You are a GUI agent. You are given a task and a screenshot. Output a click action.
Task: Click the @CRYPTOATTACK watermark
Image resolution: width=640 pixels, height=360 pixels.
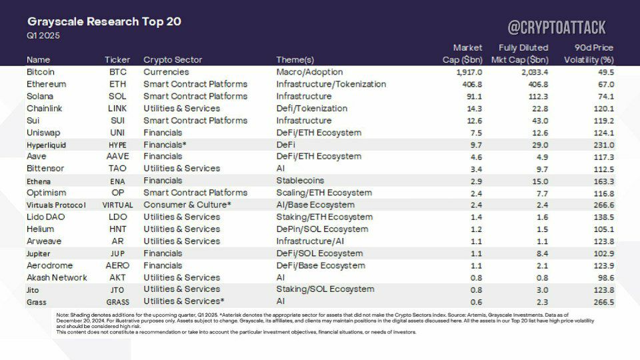[557, 28]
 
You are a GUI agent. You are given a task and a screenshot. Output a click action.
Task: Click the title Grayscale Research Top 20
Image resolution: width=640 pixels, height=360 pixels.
[104, 21]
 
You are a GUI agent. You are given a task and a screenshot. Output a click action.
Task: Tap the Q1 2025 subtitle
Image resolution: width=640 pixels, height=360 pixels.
[43, 35]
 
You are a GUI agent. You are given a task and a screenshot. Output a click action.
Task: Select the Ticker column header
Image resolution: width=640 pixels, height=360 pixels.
[117, 59]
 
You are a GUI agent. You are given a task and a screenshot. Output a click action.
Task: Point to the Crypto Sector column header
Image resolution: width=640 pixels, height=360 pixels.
[173, 59]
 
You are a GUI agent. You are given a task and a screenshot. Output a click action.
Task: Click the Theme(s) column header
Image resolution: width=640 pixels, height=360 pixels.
[295, 59]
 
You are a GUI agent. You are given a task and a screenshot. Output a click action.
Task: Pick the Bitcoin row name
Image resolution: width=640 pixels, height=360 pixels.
[41, 72]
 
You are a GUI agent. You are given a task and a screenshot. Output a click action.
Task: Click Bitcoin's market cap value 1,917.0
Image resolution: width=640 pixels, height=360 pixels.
[469, 72]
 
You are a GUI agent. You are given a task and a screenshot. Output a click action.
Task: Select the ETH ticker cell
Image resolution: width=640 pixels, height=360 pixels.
[117, 84]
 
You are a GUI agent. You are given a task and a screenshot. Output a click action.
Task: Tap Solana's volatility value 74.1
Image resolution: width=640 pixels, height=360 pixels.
[606, 97]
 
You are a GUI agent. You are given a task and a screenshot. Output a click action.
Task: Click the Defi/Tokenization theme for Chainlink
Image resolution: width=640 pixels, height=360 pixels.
[312, 109]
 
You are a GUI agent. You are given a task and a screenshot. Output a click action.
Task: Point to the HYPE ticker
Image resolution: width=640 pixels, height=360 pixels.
[117, 145]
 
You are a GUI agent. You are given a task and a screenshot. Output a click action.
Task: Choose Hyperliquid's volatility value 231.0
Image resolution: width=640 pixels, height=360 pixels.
[604, 145]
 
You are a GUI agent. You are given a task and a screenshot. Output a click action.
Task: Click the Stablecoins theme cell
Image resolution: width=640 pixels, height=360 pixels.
[300, 181]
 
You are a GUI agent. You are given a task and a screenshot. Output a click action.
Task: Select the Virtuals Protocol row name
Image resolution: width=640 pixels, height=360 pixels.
[56, 205]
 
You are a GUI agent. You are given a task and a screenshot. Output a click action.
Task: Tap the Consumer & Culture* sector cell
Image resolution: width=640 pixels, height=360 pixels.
[187, 205]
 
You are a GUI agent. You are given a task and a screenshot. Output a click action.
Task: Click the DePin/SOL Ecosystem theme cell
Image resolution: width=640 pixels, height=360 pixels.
[322, 229]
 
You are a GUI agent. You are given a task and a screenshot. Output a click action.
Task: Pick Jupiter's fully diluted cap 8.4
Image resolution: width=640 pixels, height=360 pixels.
[543, 253]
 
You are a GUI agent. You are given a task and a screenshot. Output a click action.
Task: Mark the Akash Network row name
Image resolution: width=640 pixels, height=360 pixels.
[57, 277]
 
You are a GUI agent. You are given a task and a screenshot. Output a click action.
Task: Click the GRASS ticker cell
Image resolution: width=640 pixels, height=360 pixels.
[117, 303]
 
